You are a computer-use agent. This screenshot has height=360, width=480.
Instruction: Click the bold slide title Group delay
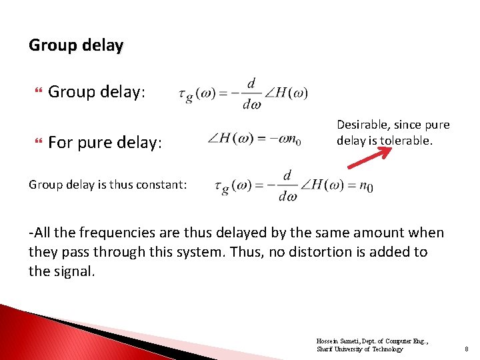tap(76, 45)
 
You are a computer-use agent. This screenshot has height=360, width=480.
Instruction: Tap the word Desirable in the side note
tap(363, 125)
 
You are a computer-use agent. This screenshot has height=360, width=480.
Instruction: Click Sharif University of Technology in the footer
tap(359, 349)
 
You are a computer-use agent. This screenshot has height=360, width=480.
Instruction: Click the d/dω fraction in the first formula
tap(251, 93)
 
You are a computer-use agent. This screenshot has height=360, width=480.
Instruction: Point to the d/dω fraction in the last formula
tap(287, 186)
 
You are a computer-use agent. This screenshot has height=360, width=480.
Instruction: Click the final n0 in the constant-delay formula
tap(365, 186)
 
